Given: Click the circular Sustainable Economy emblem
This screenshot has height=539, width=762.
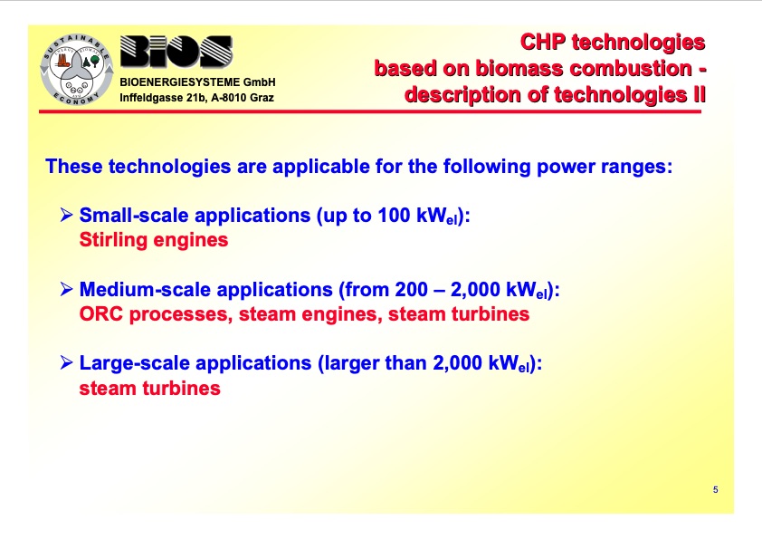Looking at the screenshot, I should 76,68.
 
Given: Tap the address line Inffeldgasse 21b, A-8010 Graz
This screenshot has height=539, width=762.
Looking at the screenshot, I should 196,98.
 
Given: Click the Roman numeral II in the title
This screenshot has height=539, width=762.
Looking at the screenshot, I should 696,94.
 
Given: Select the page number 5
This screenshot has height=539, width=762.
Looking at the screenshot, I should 715,490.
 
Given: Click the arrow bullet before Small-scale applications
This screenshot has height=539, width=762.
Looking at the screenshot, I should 66,217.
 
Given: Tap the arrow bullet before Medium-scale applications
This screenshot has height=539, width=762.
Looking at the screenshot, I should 66,290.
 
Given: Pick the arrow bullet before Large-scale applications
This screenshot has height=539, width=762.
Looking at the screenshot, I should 66,363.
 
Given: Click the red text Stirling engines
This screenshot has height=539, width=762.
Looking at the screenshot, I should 154,241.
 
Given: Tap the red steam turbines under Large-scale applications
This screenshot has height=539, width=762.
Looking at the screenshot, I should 150,388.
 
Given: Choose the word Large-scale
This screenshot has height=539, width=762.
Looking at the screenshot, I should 134,363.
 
